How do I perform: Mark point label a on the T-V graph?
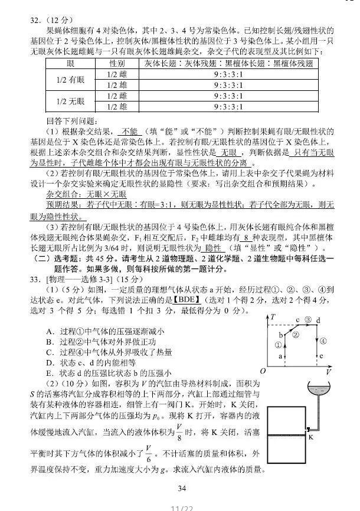[279, 357]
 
